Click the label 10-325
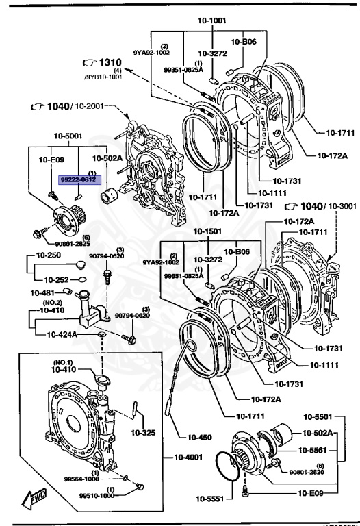143,432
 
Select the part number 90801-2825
73,242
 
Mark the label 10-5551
210,498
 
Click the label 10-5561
311,450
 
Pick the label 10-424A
63,335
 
